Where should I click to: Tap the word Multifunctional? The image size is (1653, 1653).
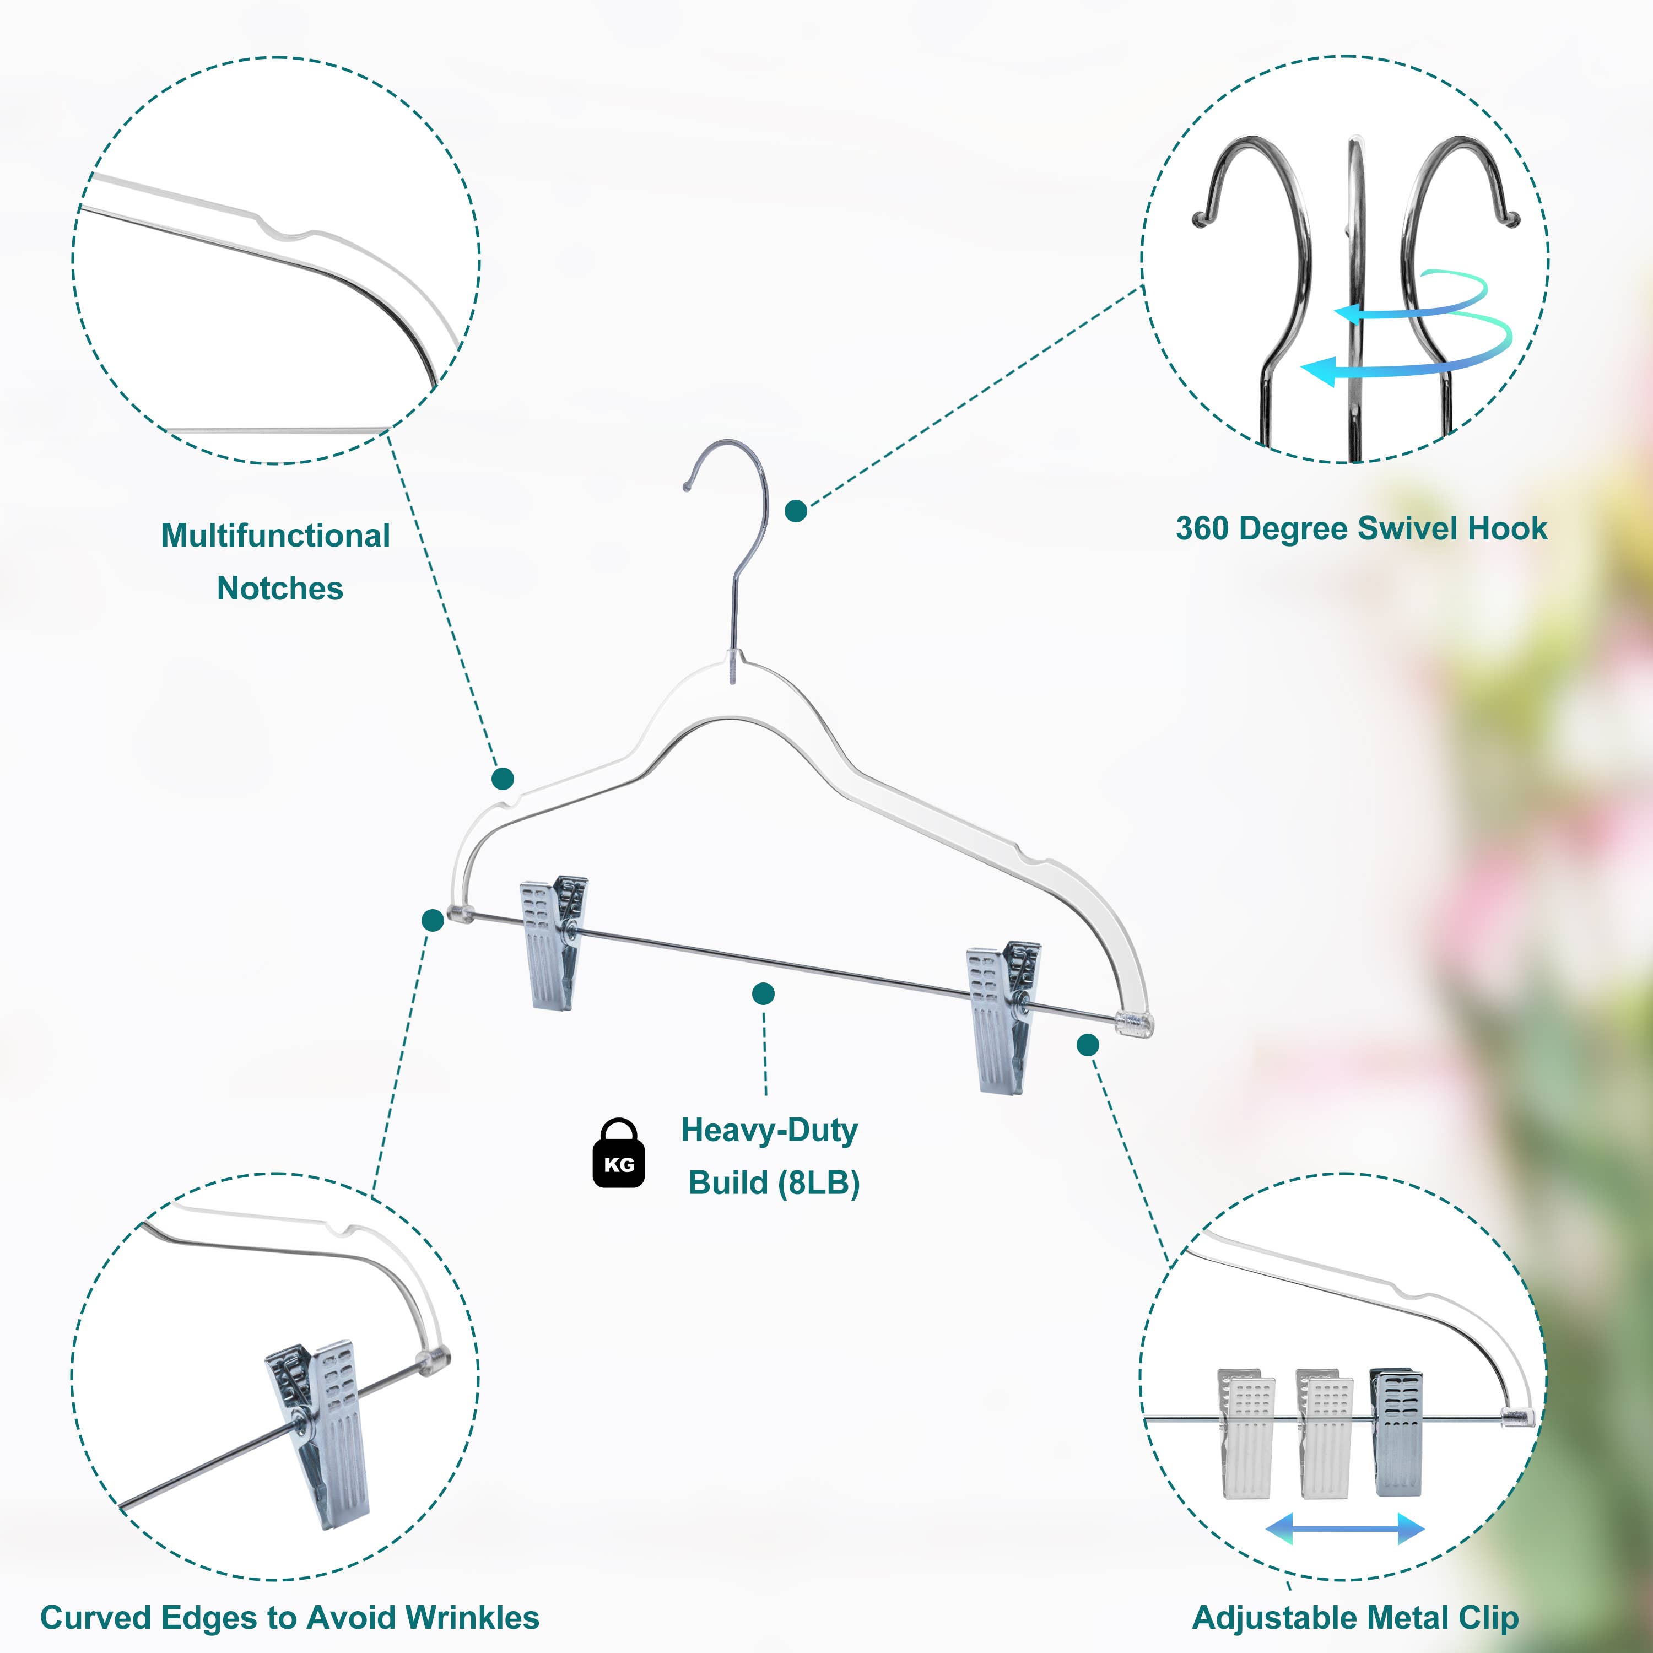point(275,536)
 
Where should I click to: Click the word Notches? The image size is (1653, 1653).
point(280,588)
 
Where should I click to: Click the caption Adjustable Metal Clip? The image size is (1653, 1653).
point(1355,1617)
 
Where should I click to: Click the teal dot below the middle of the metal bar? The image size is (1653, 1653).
point(763,993)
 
